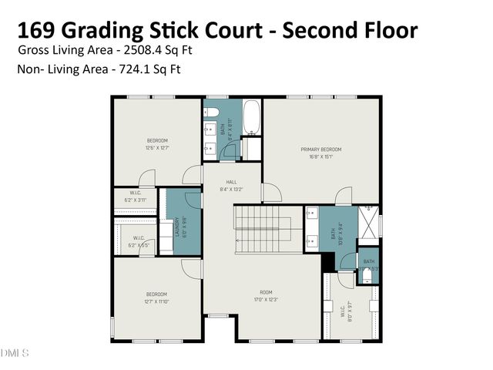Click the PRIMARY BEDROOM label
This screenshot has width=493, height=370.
(321, 149)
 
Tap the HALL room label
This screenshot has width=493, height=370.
(231, 182)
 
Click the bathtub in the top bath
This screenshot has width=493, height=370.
(251, 117)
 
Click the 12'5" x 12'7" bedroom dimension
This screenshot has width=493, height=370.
(157, 147)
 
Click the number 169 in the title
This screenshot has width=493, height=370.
(38, 31)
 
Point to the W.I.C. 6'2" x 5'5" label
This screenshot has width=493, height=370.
(139, 241)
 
